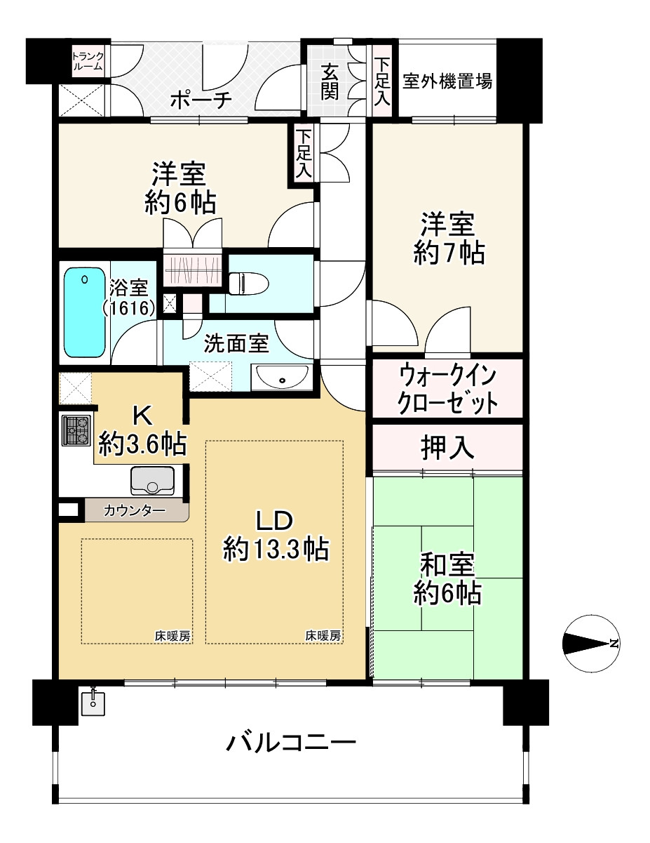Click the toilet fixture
249,283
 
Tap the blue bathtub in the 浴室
84,312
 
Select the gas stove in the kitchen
76,430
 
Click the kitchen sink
152,480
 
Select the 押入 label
447,448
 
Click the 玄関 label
330,82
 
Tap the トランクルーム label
88,61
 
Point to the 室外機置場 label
447,82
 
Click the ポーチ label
201,101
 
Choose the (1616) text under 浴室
129,308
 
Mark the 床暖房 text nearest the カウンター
172,636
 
